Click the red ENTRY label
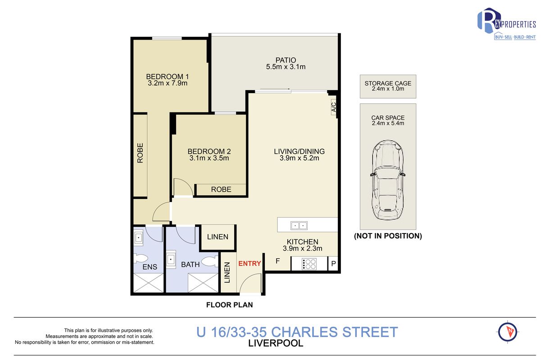[x=250, y=264]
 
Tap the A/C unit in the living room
[x=334, y=107]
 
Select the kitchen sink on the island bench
[x=299, y=225]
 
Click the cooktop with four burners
[x=309, y=264]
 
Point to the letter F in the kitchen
[x=277, y=261]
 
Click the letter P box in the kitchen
[x=333, y=264]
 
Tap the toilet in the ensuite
[x=141, y=259]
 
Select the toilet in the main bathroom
[x=210, y=261]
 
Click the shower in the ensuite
[x=148, y=283]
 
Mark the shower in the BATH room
[x=203, y=283]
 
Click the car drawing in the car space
[x=387, y=180]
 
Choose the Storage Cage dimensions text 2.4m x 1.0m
[x=388, y=89]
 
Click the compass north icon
[x=508, y=332]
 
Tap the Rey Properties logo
[x=507, y=24]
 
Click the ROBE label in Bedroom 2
[x=221, y=189]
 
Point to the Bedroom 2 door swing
[x=183, y=187]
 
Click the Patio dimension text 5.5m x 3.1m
[x=286, y=67]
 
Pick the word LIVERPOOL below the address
[x=276, y=343]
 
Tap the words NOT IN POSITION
[x=388, y=236]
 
